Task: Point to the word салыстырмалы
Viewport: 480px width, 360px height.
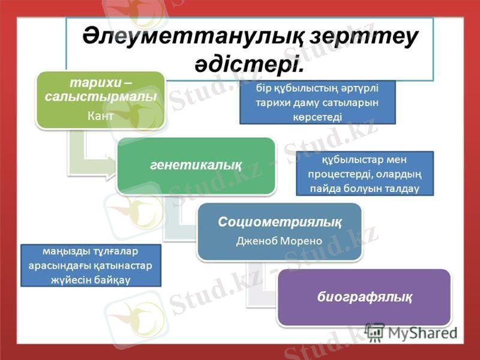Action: pyautogui.click(x=100, y=95)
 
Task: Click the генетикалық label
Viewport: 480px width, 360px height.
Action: pyautogui.click(x=196, y=165)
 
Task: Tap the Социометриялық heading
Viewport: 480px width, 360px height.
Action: pyautogui.click(x=280, y=222)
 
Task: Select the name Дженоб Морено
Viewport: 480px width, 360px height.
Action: pyautogui.click(x=279, y=241)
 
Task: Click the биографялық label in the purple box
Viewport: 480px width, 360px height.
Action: pyautogui.click(x=364, y=296)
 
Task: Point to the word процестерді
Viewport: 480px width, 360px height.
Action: pyautogui.click(x=339, y=175)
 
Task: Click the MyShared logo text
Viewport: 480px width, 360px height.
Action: pyautogui.click(x=421, y=331)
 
